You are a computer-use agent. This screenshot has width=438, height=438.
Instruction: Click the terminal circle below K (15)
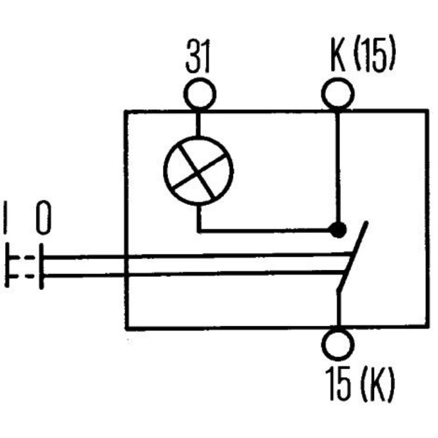(x=338, y=93)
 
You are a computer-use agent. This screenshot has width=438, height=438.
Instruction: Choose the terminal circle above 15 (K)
(x=338, y=342)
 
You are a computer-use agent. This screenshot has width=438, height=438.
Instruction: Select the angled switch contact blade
(x=353, y=258)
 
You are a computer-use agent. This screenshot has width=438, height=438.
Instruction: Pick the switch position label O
(x=43, y=217)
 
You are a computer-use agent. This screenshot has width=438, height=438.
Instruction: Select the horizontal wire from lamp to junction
(x=263, y=230)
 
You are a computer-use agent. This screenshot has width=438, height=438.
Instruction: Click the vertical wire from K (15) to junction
(x=338, y=166)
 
